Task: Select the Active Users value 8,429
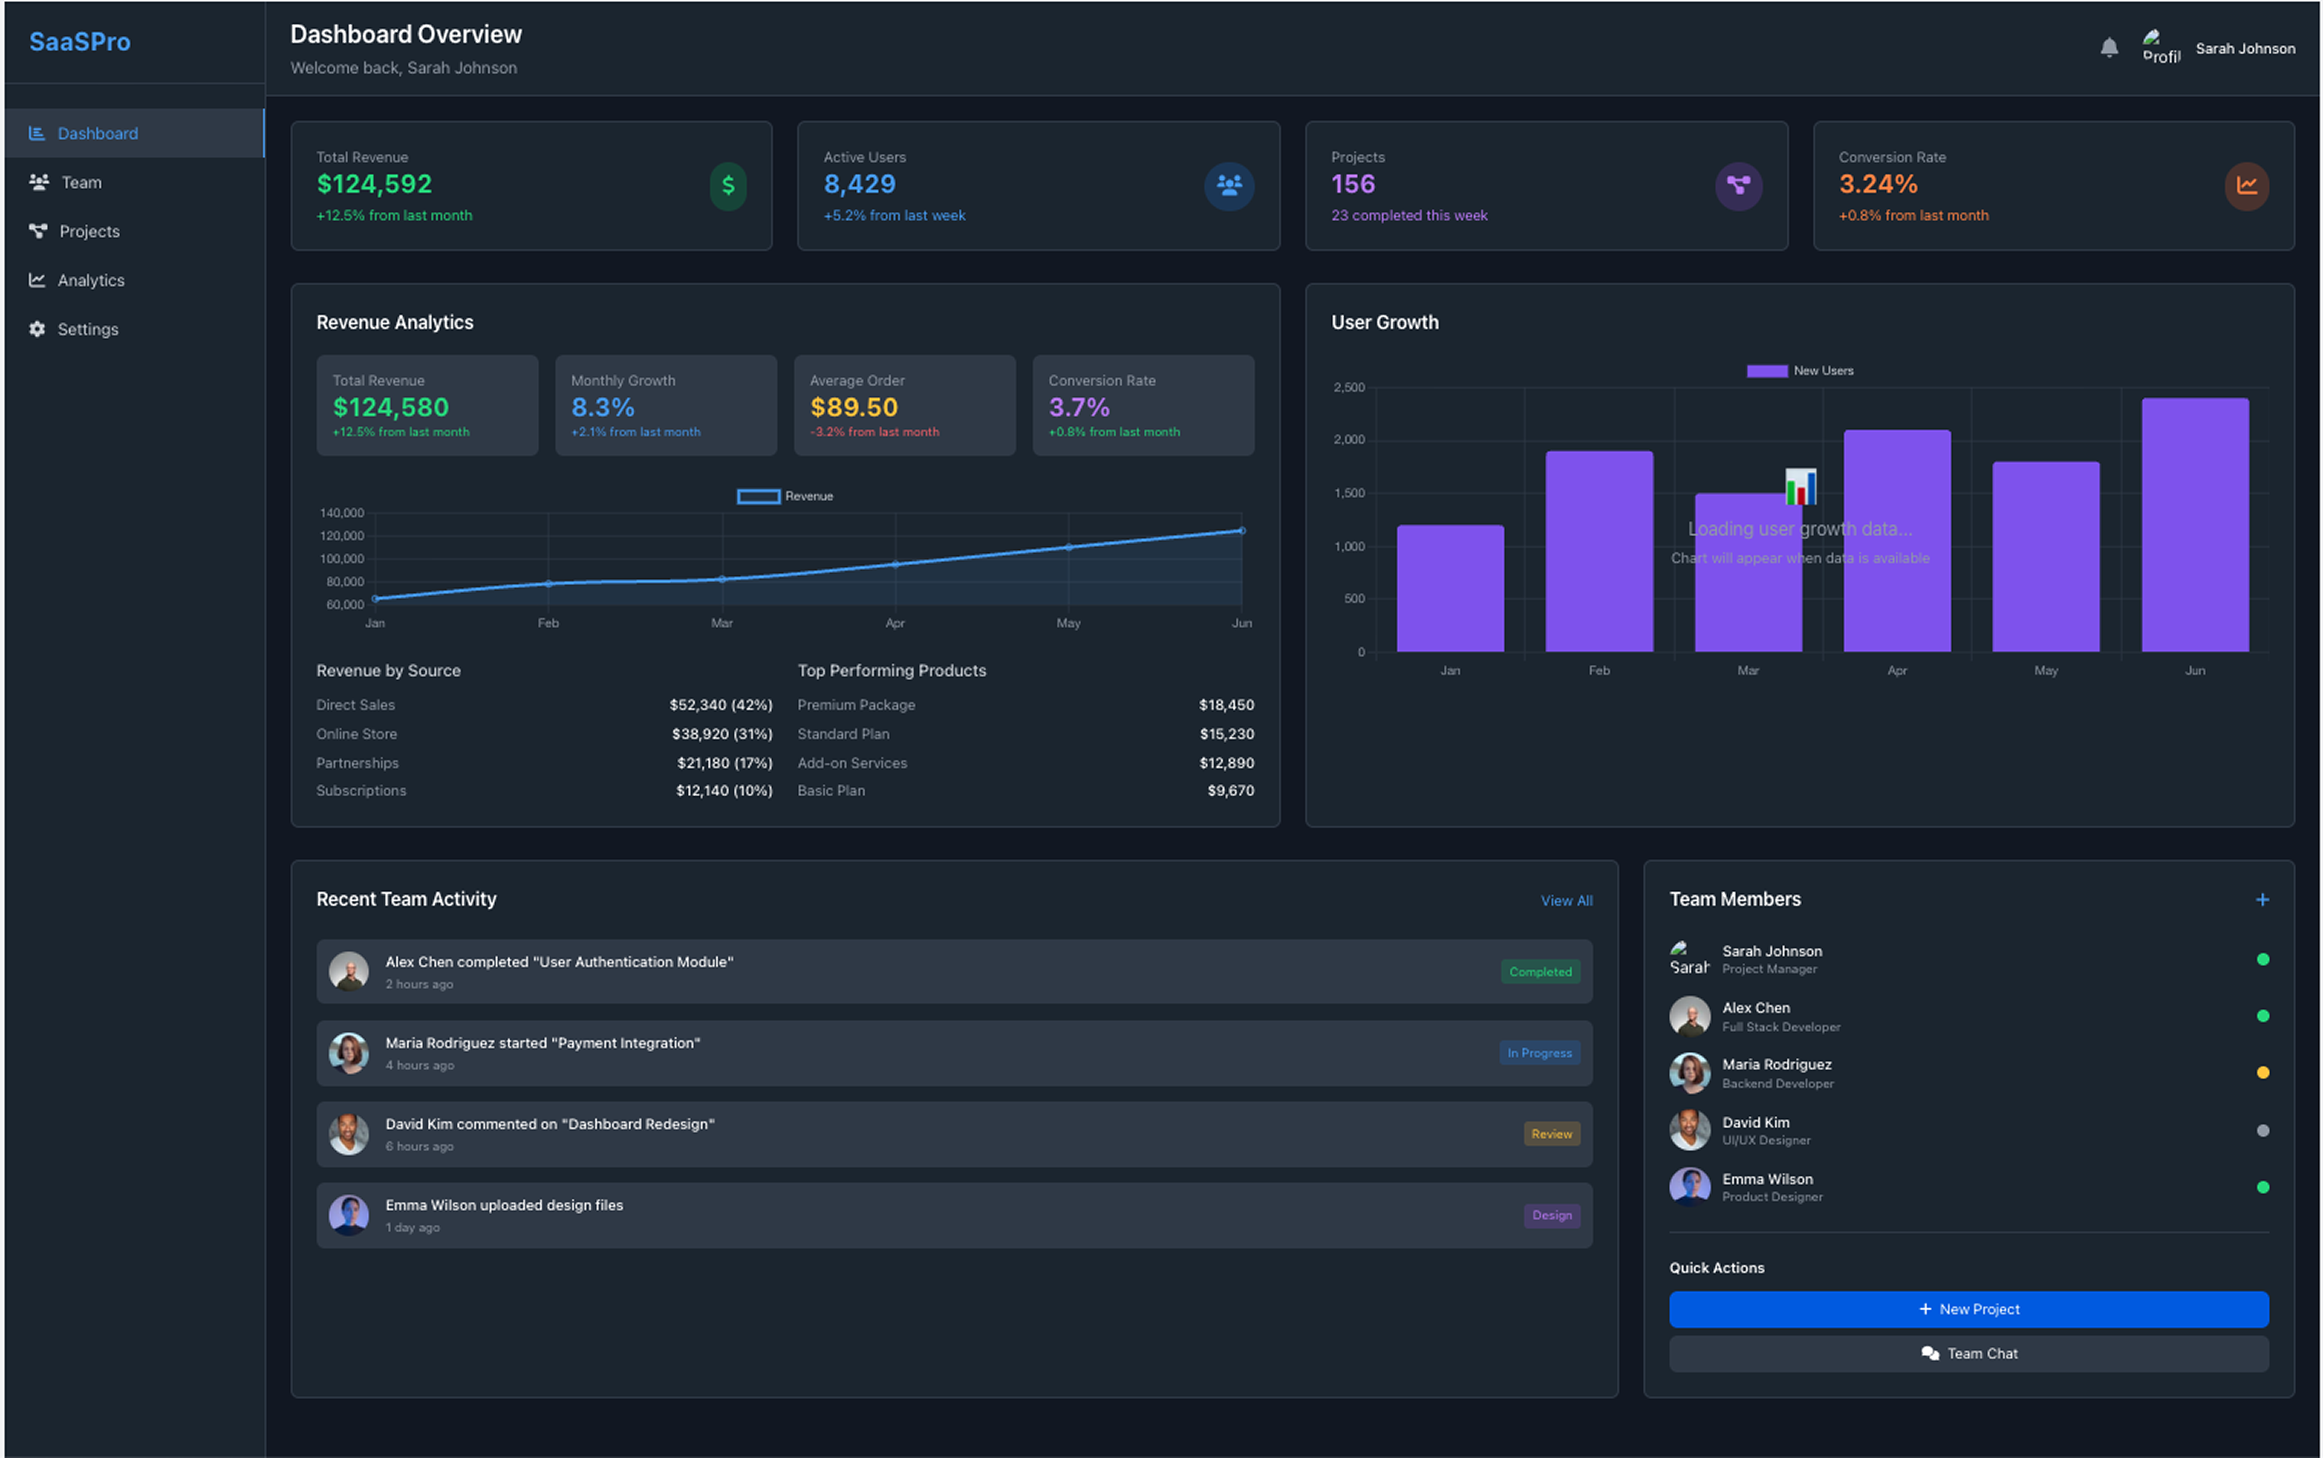(859, 184)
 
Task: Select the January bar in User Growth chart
(1449, 588)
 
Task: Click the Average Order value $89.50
(854, 408)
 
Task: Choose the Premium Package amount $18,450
(1226, 705)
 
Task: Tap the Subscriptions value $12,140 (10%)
(723, 791)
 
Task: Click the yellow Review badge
(1551, 1134)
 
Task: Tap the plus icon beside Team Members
(2261, 900)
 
